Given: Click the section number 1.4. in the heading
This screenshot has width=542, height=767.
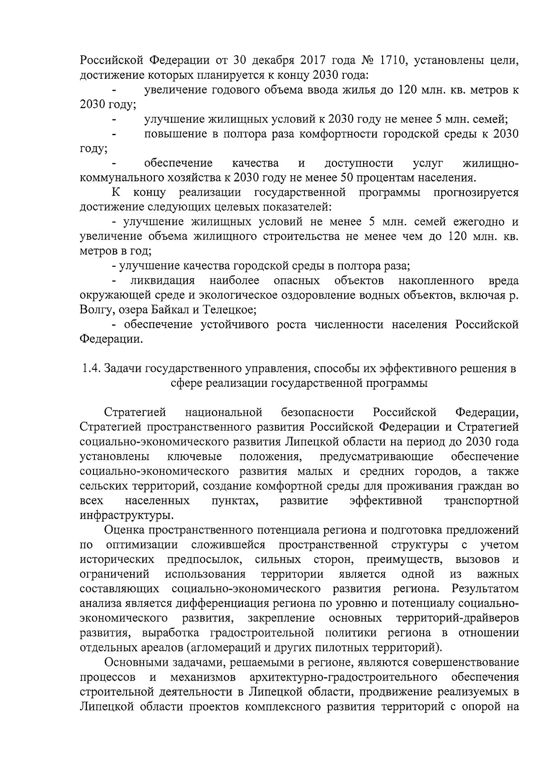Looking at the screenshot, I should (x=90, y=369).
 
